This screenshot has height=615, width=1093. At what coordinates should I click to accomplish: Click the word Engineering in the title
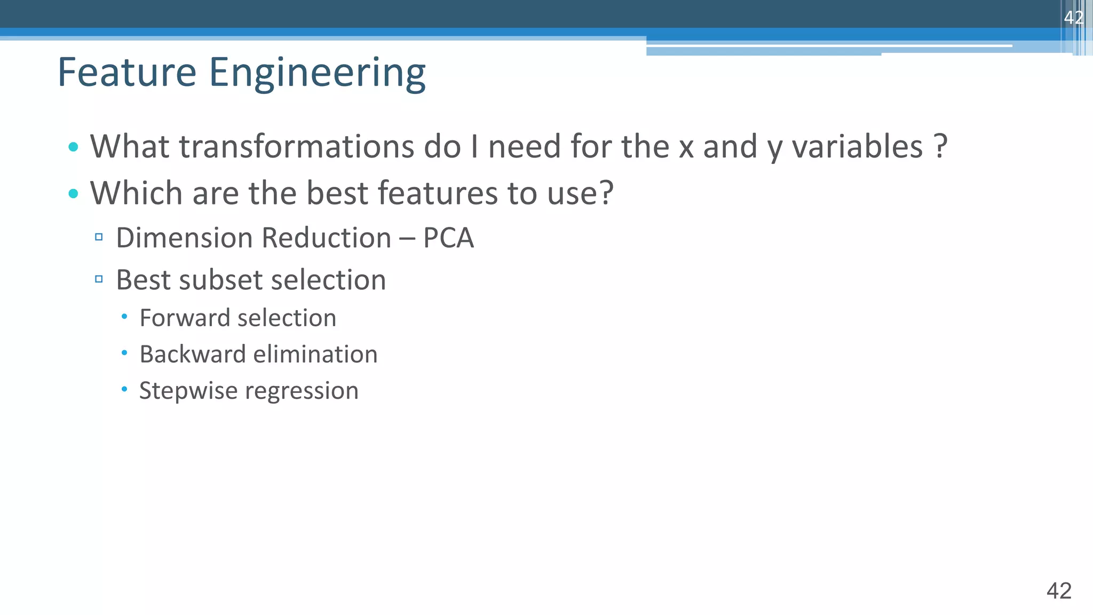(317, 73)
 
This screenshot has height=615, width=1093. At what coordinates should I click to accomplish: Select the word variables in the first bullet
(857, 146)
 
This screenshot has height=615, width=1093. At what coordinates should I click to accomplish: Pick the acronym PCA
(448, 238)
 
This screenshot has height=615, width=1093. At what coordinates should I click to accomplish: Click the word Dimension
(184, 238)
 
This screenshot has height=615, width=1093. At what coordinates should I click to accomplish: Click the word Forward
(184, 318)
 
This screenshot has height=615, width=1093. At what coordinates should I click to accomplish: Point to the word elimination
(315, 354)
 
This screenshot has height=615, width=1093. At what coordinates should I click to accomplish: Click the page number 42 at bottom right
(1059, 591)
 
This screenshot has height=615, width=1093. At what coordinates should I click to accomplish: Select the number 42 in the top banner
(1073, 18)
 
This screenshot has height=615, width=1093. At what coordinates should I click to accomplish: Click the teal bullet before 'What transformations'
(74, 147)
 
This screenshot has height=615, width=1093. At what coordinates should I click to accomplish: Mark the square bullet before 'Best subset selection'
(99, 279)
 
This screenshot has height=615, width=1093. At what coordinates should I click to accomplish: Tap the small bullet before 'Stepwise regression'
(124, 390)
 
